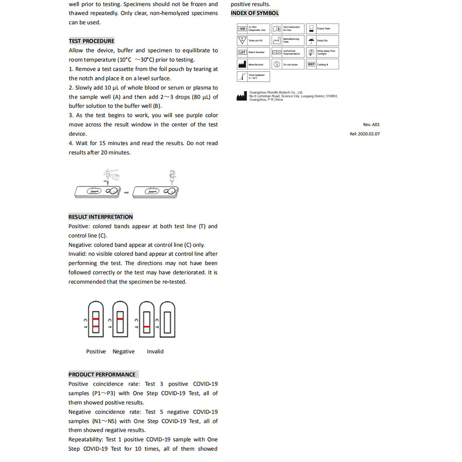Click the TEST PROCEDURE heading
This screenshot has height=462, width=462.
[x=91, y=41]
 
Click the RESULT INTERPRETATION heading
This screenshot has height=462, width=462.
[x=101, y=217]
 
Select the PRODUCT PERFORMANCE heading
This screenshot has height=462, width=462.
[x=102, y=374]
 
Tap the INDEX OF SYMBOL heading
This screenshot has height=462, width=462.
[x=255, y=13]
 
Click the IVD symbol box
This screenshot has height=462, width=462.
[x=243, y=29]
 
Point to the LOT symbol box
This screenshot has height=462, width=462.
[x=243, y=52]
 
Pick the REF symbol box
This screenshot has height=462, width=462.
[x=311, y=64]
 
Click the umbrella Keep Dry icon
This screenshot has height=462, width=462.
[x=312, y=40]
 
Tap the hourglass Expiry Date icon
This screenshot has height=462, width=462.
[x=312, y=29]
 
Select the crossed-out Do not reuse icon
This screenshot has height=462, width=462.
[x=277, y=64]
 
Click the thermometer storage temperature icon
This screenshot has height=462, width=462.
[x=242, y=76]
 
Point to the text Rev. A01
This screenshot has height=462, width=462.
[x=371, y=125]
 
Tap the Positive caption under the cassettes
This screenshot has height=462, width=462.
[x=96, y=352]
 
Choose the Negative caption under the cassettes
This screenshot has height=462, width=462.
[x=124, y=352]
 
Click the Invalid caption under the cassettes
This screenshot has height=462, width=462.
[x=155, y=352]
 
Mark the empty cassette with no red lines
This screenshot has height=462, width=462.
[x=166, y=319]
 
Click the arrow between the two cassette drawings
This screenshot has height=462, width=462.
[x=126, y=192]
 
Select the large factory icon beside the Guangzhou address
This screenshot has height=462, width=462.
[x=242, y=96]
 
